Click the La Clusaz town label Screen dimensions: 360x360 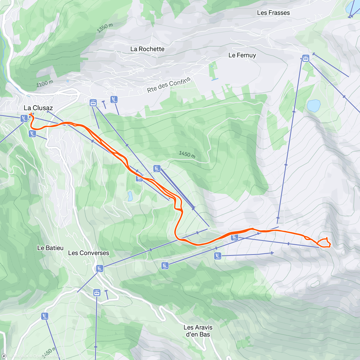(38, 108)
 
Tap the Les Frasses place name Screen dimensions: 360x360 (273, 13)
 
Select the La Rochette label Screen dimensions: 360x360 (147, 49)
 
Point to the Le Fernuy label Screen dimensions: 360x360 (242, 55)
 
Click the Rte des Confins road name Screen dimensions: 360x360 (169, 85)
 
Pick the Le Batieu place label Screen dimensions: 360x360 (50, 248)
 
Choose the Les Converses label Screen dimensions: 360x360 (88, 253)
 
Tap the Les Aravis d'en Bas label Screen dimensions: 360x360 (198, 331)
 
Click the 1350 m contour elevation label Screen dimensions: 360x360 (105, 28)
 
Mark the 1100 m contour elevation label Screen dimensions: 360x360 (45, 83)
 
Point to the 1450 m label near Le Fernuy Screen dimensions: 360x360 (187, 154)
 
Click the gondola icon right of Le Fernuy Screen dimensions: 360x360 (306, 58)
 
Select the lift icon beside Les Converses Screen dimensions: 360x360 (100, 268)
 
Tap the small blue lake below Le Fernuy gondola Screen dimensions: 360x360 (314, 106)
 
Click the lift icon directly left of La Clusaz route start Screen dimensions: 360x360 (24, 118)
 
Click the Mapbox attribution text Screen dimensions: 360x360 (20, 356)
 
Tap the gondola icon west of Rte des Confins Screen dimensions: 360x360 (93, 103)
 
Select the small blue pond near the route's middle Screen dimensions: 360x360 (130, 196)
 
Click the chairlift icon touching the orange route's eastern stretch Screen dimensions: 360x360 (235, 238)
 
